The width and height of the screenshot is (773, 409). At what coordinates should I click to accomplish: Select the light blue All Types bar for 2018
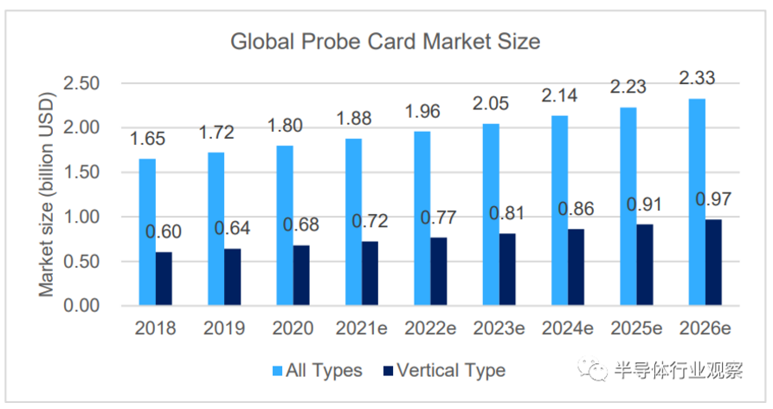click(146, 231)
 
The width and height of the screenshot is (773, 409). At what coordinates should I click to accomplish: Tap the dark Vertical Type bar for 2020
click(302, 275)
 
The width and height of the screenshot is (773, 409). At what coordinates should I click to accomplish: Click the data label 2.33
click(697, 78)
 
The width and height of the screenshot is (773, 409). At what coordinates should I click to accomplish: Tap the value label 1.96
click(423, 112)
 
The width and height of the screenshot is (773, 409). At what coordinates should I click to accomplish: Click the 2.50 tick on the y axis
click(85, 83)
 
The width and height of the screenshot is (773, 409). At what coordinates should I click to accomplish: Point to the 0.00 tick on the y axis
click(85, 306)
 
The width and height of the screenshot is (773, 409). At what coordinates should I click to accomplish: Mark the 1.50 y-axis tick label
click(85, 172)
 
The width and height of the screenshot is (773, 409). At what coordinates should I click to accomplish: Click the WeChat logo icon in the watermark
click(596, 371)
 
